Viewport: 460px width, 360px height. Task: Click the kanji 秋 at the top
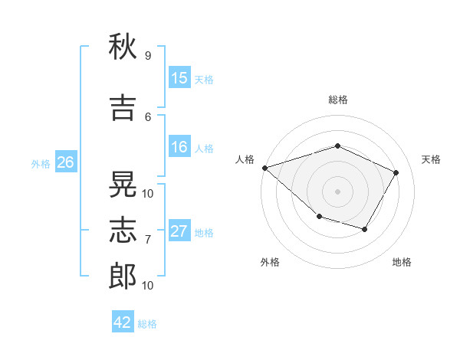[x=123, y=47]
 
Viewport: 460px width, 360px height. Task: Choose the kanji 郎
[x=123, y=277]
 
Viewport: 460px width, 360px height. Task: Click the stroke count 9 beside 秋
[x=147, y=56]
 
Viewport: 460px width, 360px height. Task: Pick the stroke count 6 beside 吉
[x=147, y=116]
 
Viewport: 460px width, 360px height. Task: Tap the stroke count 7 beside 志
[x=147, y=240]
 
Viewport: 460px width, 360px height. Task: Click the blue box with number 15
[x=179, y=78]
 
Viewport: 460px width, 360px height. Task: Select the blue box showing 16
[x=179, y=148]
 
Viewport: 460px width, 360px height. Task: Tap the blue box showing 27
[x=179, y=231]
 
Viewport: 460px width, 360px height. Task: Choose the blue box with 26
[x=66, y=162]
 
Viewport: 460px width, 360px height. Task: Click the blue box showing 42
[x=122, y=322]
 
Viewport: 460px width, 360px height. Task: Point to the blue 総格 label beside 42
[x=147, y=324]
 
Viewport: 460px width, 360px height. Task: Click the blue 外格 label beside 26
[x=41, y=164]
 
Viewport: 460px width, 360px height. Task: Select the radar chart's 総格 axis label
[x=338, y=100]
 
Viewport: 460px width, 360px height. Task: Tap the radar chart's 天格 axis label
[x=432, y=159]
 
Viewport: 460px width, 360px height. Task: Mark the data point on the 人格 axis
[x=264, y=168]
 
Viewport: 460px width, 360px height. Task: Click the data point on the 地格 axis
[x=365, y=229]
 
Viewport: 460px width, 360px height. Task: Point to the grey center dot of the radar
[x=337, y=191]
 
